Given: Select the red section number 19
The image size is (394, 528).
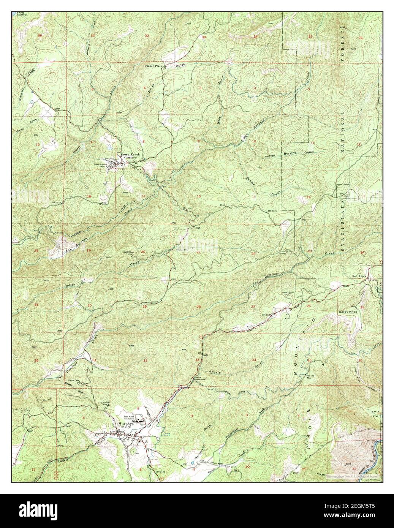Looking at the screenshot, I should point(89,251).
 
